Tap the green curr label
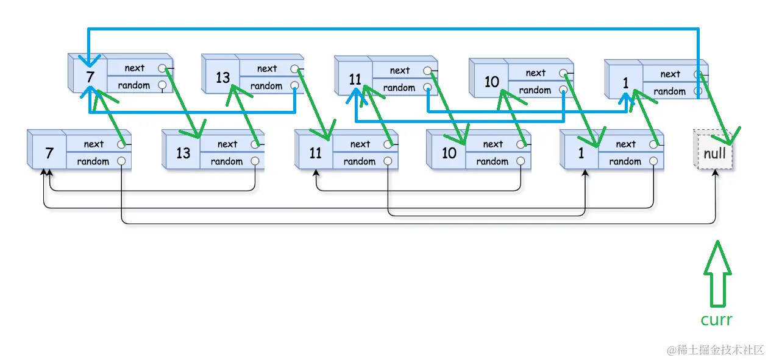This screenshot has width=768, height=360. point(716,320)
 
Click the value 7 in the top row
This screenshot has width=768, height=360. point(90,77)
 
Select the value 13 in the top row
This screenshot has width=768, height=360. point(222,77)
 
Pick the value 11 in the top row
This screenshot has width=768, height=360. point(355,79)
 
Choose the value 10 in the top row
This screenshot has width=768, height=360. point(491,82)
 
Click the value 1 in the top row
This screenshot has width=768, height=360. point(625,83)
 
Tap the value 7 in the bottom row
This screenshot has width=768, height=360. point(49,153)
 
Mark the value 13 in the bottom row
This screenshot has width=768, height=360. point(183,153)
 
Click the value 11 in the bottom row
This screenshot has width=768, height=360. point(315,153)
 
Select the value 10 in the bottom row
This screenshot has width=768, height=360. point(449,153)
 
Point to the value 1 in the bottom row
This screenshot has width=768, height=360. point(581,153)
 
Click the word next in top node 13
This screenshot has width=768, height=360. point(267,69)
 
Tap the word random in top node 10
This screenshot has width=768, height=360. point(535,90)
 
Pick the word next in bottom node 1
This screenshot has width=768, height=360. point(625,144)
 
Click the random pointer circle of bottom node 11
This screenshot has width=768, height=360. point(387,161)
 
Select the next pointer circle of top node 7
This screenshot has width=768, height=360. point(162,68)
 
